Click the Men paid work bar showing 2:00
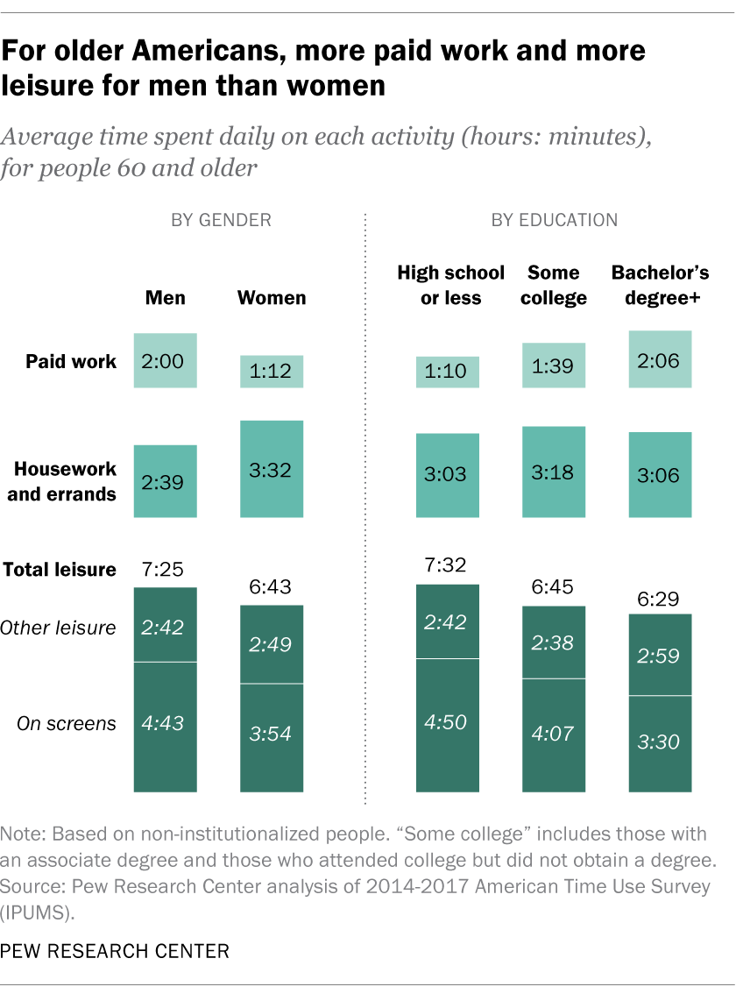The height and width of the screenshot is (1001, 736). pos(165,360)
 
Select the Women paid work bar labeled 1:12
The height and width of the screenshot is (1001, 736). pos(272,372)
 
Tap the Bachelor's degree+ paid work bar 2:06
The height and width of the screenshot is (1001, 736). pos(661,359)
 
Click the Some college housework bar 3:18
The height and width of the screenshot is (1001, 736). pos(554,472)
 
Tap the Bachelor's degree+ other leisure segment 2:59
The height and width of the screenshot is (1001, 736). pos(661,654)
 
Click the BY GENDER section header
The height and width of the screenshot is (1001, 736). pos(220,220)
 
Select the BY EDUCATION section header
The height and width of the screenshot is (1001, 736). pos(554,220)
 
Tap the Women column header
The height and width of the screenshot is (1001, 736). pos(272,298)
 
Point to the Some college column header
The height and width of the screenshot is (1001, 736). pos(554,286)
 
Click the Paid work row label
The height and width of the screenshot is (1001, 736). pos(70,361)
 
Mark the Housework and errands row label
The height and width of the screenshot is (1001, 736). pos(61,481)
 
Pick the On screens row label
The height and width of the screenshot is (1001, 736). pos(67,723)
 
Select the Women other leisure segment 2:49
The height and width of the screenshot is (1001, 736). pos(272,644)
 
